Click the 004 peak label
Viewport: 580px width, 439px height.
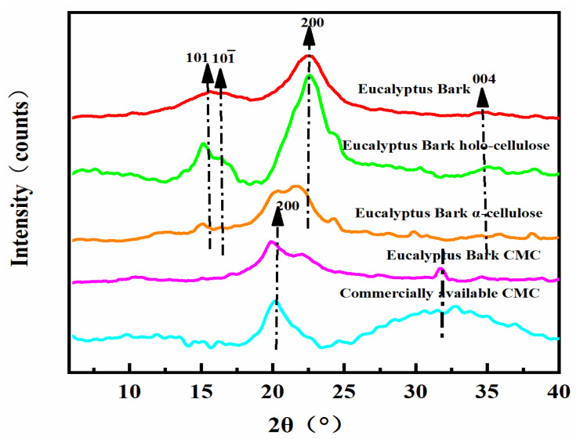[483, 79]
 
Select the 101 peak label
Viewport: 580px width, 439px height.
[197, 57]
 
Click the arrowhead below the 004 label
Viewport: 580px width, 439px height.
[483, 97]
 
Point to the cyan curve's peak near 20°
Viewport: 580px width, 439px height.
[275, 300]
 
